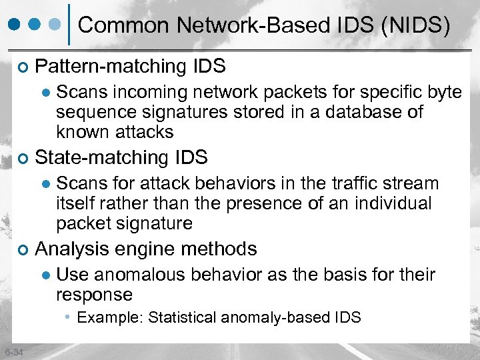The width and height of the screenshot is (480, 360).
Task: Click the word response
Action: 94,295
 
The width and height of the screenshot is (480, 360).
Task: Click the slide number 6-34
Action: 13,352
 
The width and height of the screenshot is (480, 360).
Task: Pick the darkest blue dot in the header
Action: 15,25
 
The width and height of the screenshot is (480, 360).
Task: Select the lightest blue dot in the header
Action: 58,25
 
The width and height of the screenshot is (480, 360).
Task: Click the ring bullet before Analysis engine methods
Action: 23,250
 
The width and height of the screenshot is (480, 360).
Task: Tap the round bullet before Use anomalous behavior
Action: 46,275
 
